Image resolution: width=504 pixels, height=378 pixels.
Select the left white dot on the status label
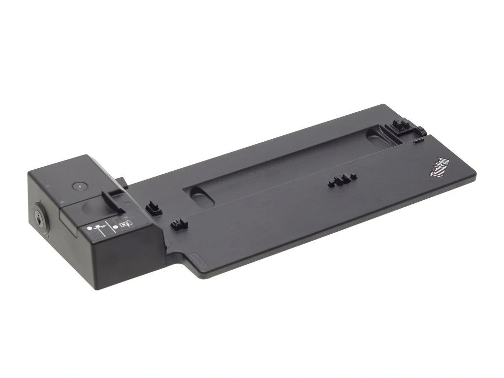coord(90,228)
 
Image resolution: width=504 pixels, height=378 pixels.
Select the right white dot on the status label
coord(115,226)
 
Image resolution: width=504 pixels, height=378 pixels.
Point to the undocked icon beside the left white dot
coord(101,227)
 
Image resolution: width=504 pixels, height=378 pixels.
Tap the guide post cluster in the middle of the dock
coord(341,181)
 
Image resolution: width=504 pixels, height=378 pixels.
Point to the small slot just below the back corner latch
coord(418,140)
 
